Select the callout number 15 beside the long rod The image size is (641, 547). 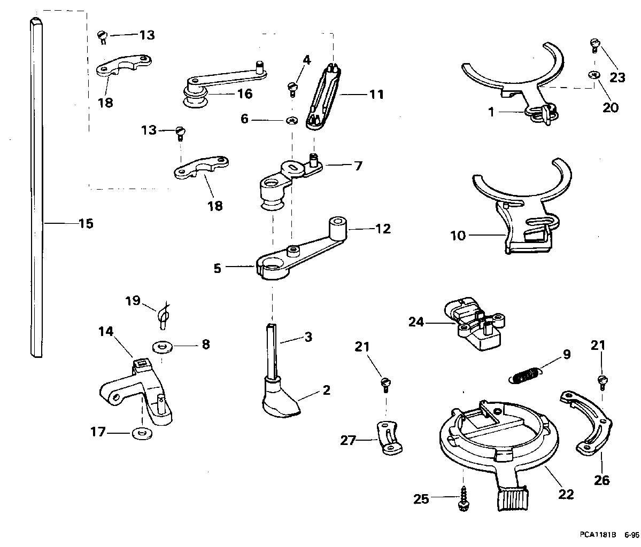click(x=86, y=223)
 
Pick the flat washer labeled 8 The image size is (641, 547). click(x=161, y=347)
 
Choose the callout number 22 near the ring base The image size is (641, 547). click(x=566, y=494)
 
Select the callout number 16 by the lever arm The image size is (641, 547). click(x=245, y=94)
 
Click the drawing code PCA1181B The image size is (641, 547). click(x=597, y=534)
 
